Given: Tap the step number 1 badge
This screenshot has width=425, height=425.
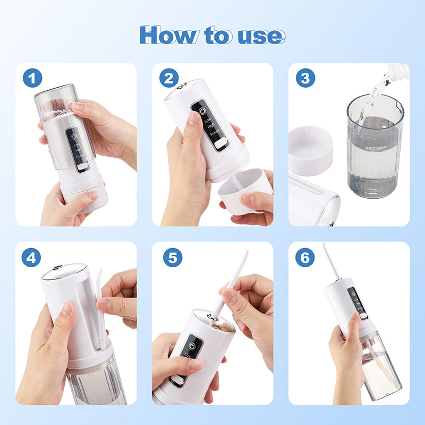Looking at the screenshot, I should (32, 79).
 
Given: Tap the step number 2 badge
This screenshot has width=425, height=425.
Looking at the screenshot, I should (169, 79).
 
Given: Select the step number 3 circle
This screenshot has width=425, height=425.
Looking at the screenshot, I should (305, 79).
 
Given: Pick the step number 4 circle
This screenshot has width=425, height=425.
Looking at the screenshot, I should (32, 258).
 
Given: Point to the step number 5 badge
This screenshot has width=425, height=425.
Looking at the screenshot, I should (172, 258).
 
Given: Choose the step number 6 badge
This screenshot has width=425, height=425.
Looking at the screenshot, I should (305, 258).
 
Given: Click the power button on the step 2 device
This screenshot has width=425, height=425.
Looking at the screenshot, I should (201, 111).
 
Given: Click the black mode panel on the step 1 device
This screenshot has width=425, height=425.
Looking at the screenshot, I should (75, 147).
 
